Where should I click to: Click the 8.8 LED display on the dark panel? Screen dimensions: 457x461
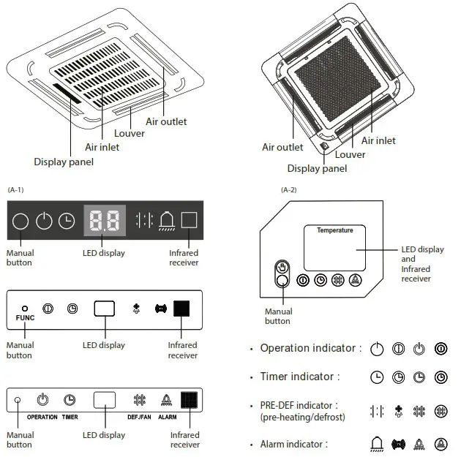tap(105, 220)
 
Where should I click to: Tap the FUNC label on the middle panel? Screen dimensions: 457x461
tap(25, 319)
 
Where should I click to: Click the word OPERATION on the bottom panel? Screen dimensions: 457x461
tap(42, 417)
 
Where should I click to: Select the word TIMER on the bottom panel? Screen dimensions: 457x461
tap(70, 417)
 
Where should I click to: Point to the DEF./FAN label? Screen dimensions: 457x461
tap(139, 417)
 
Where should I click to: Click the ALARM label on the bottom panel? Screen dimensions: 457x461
tap(167, 417)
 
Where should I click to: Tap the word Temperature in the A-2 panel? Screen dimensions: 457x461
tap(334, 231)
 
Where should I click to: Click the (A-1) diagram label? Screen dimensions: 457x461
tap(16, 190)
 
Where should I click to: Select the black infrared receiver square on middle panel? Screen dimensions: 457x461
tap(181, 309)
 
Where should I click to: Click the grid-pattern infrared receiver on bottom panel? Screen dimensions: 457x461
tap(190, 400)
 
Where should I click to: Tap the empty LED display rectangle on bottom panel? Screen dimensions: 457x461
tap(105, 400)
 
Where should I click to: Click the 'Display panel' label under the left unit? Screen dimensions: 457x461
tap(64, 162)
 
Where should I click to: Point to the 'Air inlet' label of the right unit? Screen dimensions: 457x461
tap(378, 140)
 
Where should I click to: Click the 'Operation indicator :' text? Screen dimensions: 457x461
tap(311, 348)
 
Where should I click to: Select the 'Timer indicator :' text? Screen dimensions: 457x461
tap(300, 377)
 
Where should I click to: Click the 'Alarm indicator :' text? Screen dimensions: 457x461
tap(294, 444)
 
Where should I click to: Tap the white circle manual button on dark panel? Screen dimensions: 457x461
tap(21, 221)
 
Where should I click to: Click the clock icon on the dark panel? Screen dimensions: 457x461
tap(67, 221)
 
